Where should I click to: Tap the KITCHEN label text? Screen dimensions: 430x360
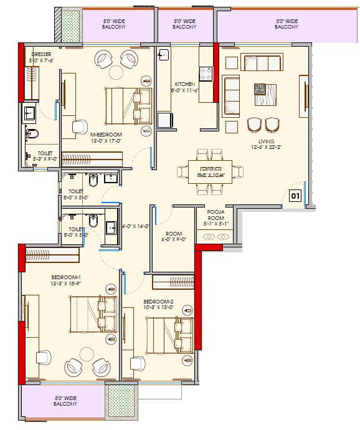tap(184, 84)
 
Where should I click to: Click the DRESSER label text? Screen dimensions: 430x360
tap(41, 55)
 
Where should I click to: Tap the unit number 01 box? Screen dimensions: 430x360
tap(295, 196)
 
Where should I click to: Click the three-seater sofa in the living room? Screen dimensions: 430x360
tap(262, 62)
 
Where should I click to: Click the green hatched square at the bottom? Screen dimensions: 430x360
tap(121, 401)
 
